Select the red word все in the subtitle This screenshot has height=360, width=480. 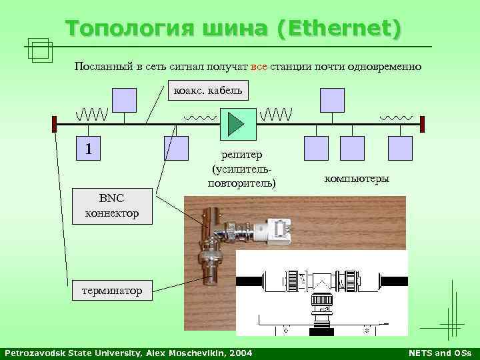(x=258, y=67)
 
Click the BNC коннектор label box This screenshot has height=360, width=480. (x=112, y=205)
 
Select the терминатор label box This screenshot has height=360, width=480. (x=112, y=291)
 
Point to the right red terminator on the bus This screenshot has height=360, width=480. (x=422, y=123)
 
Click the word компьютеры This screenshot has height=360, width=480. (x=357, y=179)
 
